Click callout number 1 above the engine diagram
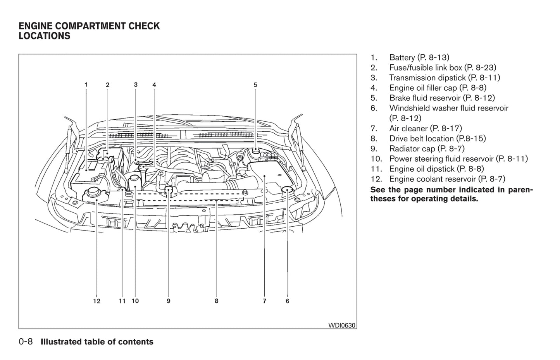pyautogui.click(x=86, y=84)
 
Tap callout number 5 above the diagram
pyautogui.click(x=255, y=84)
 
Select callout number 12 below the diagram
pyautogui.click(x=96, y=301)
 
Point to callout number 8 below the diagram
pyautogui.click(x=216, y=301)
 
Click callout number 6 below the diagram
pyautogui.click(x=287, y=301)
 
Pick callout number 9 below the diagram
pyautogui.click(x=169, y=301)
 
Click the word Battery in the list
pyautogui.click(x=402, y=58)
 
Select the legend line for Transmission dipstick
pyautogui.click(x=445, y=78)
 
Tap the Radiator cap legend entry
pyautogui.click(x=427, y=149)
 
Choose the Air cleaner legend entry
pyautogui.click(x=426, y=128)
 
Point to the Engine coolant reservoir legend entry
pyautogui.click(x=447, y=179)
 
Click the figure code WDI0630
pyautogui.click(x=341, y=326)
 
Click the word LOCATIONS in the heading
pyautogui.click(x=45, y=36)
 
